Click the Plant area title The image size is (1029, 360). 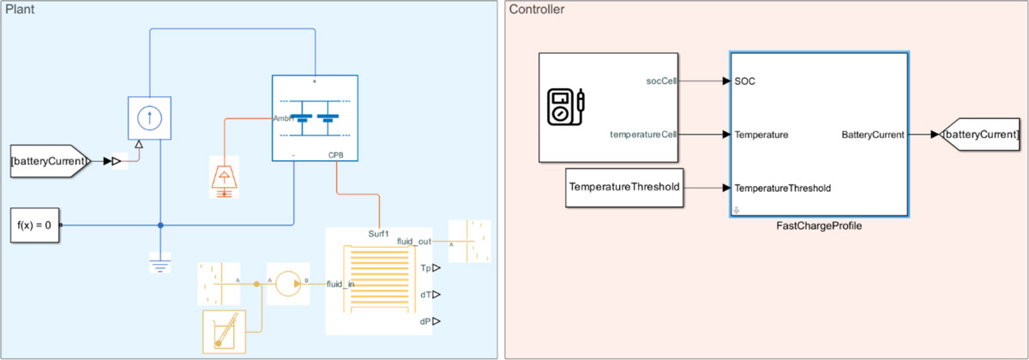[x=20, y=9]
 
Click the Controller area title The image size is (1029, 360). [x=537, y=9]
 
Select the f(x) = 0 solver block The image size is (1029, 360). [x=33, y=225]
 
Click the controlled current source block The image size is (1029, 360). [x=150, y=117]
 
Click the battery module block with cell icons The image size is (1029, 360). [x=314, y=117]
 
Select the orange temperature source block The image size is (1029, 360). [x=225, y=177]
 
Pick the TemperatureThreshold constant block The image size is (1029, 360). [x=624, y=188]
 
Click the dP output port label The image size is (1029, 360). [x=424, y=321]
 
